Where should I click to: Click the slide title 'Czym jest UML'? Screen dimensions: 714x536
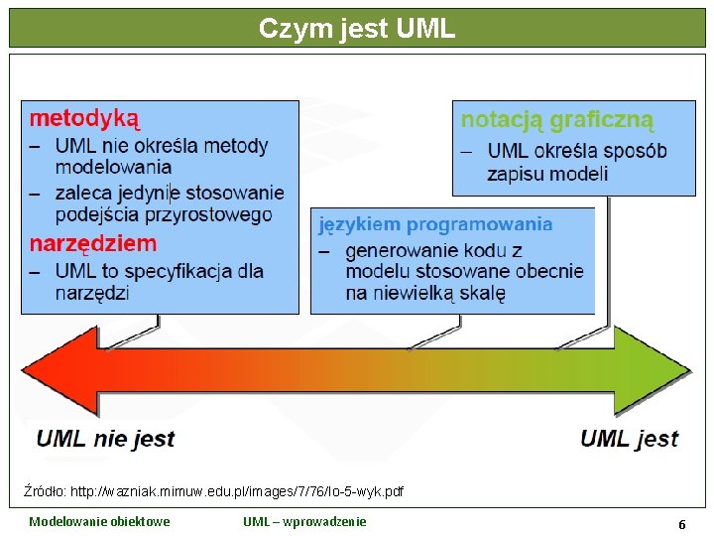coord(357,28)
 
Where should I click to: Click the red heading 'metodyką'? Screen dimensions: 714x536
coord(84,119)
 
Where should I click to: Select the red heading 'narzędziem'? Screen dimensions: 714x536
coord(92,243)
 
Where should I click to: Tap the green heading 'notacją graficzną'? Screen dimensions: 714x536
coord(557,120)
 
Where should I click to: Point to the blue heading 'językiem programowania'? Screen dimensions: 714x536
coord(435,224)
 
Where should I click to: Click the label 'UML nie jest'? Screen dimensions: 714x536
coord(105,439)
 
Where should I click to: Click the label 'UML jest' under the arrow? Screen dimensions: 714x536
coord(629,439)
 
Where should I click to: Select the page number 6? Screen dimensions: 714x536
coord(681,523)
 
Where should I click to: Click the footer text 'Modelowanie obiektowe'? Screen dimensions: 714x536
coord(99,522)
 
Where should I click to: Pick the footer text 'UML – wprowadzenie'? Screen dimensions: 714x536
coord(304,522)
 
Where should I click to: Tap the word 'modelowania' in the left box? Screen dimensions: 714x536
coord(113,167)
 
